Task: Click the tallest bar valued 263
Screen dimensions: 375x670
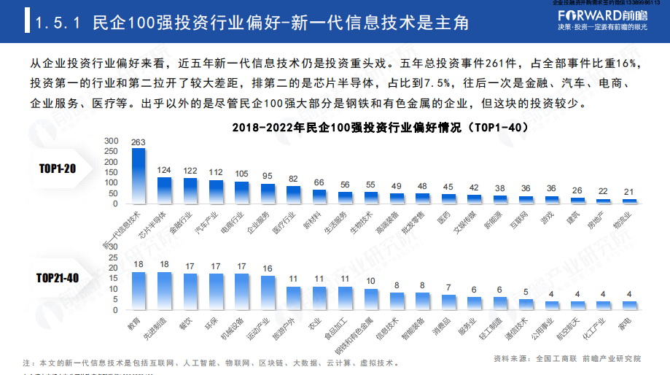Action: click(138, 175)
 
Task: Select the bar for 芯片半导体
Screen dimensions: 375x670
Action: click(164, 189)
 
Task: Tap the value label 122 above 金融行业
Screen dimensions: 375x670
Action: click(190, 171)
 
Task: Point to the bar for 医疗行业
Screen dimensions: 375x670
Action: click(293, 193)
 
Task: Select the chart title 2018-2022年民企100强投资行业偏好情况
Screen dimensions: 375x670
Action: click(380, 128)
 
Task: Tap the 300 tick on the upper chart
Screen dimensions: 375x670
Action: click(110, 140)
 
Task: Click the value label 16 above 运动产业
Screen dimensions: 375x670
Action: click(268, 268)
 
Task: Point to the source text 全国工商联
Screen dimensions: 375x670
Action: click(556, 359)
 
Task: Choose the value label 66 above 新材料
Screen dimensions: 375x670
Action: click(319, 182)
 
